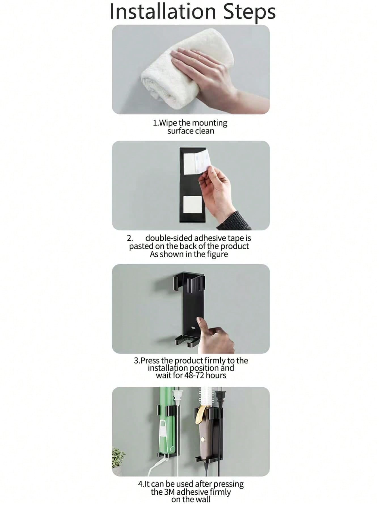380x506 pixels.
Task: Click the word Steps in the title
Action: coord(250,12)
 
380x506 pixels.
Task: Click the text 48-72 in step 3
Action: coord(194,376)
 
